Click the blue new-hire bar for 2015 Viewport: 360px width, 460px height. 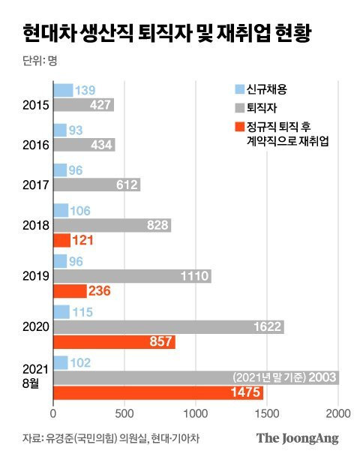[x=63, y=90]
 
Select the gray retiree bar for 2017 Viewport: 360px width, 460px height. [x=97, y=185]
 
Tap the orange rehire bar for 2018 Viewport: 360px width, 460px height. [x=61, y=240]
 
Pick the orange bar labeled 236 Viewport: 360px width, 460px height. [x=70, y=291]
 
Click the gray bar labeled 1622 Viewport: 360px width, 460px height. [x=169, y=327]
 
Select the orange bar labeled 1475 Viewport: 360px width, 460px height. [x=158, y=392]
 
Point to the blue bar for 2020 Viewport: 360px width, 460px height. [x=61, y=312]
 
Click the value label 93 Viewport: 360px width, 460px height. [x=76, y=131]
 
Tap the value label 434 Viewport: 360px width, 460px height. [x=101, y=145]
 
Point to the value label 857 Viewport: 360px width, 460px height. [x=160, y=341]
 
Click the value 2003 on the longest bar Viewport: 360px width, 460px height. [x=322, y=377]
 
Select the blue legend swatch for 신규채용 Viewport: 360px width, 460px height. [x=240, y=89]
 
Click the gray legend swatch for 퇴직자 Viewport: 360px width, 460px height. [x=240, y=108]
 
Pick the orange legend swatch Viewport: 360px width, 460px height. [x=240, y=127]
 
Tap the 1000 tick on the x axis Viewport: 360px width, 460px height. [x=196, y=413]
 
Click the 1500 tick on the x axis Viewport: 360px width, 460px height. [x=267, y=413]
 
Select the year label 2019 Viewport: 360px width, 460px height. [x=36, y=276]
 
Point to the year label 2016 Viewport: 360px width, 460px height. [x=36, y=145]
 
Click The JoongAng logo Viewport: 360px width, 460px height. [x=297, y=438]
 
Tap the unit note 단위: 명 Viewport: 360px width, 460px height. [x=40, y=61]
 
